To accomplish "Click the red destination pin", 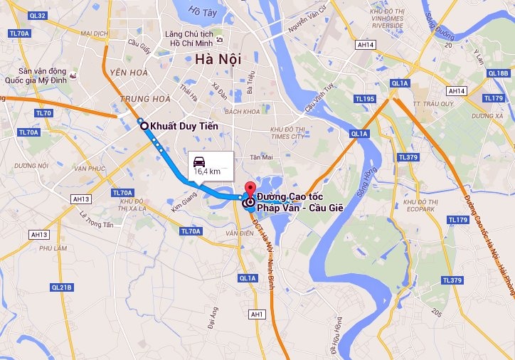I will point(249,190).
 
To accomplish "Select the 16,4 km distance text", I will point(207,171).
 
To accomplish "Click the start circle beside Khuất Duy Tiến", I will point(145,126).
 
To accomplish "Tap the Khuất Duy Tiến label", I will point(183,127).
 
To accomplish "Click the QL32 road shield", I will point(38,16).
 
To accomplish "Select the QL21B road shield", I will point(62,287).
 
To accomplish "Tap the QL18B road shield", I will point(499,73).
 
